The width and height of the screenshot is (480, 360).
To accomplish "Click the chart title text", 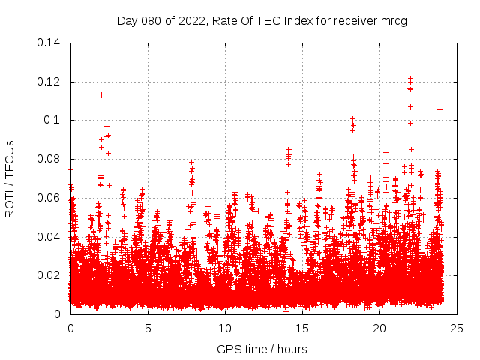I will pyautogui.click(x=262, y=20).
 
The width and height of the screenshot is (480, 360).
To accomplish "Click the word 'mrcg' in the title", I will pyautogui.click(x=392, y=20).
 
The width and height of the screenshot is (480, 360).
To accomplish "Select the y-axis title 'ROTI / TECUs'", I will pyautogui.click(x=10, y=178).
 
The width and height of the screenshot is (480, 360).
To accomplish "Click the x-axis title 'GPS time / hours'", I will pyautogui.click(x=262, y=349).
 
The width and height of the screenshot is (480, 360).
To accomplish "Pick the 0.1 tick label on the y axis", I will pyautogui.click(x=53, y=120).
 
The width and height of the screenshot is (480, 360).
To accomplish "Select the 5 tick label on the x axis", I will pyautogui.click(x=148, y=328).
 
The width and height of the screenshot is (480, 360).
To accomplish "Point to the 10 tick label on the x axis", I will pyautogui.click(x=225, y=328).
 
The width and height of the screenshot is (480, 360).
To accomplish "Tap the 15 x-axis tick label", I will pyautogui.click(x=302, y=328).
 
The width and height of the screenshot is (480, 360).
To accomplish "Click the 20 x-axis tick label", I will pyautogui.click(x=379, y=328).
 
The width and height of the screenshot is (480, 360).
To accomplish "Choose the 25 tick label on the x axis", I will pyautogui.click(x=457, y=328).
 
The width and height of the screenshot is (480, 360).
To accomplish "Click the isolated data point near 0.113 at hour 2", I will pyautogui.click(x=101, y=94).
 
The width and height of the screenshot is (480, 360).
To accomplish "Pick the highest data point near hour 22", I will pyautogui.click(x=410, y=78).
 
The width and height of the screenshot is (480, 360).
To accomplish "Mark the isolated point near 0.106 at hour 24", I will pyautogui.click(x=439, y=109).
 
